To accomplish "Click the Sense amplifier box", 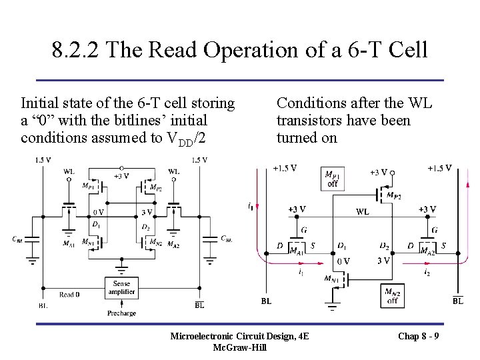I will pos(121,287).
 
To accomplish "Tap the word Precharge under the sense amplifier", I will pos(121,313).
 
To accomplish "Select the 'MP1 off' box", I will pos(331,179).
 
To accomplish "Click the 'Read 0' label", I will pos(69,295).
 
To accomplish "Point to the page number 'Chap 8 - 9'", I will pos(418,335).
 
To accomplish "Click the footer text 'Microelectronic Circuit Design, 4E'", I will pos(240,335).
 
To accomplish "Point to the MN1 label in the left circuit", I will pos(87,241).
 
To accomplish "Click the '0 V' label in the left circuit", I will pos(97,212).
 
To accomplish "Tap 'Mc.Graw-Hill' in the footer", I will pos(240,347).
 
